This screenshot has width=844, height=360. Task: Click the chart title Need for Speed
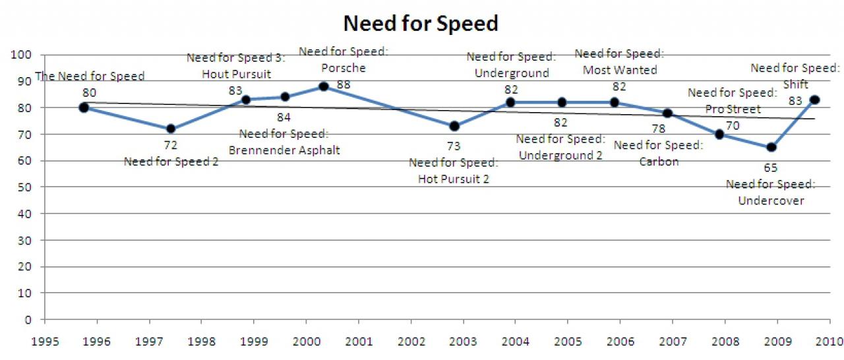pos(421,23)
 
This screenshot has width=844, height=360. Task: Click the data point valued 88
pos(324,86)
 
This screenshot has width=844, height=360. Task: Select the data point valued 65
pos(771,147)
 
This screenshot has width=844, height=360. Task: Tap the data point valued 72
pos(171,129)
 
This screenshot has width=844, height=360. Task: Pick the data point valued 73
pos(454,126)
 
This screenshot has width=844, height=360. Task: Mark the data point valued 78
pos(667,113)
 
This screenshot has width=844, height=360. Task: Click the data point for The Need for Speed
pos(84,107)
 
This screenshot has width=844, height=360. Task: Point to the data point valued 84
pos(286,97)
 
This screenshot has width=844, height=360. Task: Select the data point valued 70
pos(719,134)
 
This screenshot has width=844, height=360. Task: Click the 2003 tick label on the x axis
pos(463,342)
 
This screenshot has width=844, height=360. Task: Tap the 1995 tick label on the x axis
pos(45,342)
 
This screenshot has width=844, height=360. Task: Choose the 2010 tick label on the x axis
pos(829,342)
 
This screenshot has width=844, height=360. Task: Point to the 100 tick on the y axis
pos(21,55)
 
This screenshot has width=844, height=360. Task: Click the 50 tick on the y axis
pos(24,187)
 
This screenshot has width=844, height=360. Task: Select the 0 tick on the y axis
pos(28,320)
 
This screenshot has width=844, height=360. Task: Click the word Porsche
pos(344,68)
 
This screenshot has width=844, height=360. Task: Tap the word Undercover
pos(771,200)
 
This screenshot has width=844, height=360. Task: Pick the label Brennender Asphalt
pos(284,150)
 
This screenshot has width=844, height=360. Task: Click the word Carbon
pos(659,162)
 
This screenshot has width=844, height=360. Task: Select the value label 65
pos(771,167)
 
